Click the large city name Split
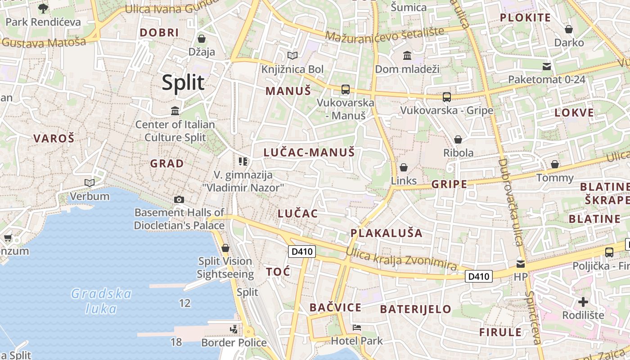[183, 83]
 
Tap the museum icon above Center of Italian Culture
[175, 111]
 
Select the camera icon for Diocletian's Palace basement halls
[179, 199]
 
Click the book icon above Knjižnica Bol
[292, 56]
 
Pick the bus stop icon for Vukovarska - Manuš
[345, 90]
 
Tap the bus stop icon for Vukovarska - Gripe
[446, 97]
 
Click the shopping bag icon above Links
[403, 168]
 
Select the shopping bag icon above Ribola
[458, 140]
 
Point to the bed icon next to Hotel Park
[357, 328]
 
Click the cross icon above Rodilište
[583, 302]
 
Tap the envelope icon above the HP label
[520, 264]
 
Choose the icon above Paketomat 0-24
[547, 67]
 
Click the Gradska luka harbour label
[101, 301]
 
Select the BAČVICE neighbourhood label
[335, 308]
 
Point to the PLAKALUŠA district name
[387, 233]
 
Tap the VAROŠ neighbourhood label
[54, 139]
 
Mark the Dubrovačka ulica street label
[509, 202]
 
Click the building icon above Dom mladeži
[407, 56]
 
